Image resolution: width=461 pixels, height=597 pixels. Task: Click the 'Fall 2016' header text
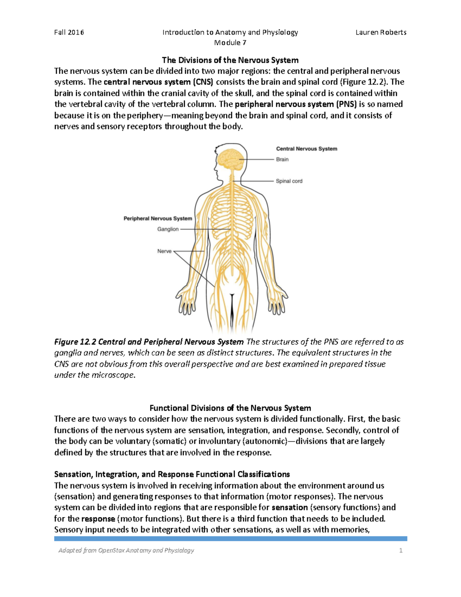pyautogui.click(x=69, y=32)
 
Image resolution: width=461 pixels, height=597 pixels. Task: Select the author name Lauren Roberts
pyautogui.click(x=381, y=32)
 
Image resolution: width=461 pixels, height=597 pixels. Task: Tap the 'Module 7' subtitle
pyautogui.click(x=230, y=43)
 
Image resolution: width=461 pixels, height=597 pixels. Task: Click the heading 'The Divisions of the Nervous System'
pyautogui.click(x=230, y=60)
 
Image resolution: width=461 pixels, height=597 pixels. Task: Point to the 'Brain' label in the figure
pyautogui.click(x=282, y=159)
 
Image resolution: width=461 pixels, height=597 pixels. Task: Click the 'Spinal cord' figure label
pyautogui.click(x=289, y=181)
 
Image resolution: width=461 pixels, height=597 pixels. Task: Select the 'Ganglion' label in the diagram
pyautogui.click(x=168, y=229)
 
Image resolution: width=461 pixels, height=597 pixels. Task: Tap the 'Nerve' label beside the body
pyautogui.click(x=164, y=251)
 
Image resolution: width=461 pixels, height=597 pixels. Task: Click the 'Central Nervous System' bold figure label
pyautogui.click(x=307, y=149)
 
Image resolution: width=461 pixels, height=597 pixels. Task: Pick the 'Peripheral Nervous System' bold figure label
pyautogui.click(x=158, y=218)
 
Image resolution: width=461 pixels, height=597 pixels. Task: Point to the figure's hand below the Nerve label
pyautogui.click(x=186, y=302)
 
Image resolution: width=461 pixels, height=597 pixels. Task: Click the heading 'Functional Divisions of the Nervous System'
pyautogui.click(x=230, y=408)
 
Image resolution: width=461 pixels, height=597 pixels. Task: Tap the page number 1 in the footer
pyautogui.click(x=401, y=550)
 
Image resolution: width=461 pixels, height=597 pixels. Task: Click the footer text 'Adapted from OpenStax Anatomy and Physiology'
pyautogui.click(x=126, y=550)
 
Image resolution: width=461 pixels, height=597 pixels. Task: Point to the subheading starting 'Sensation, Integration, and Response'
pyautogui.click(x=172, y=474)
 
